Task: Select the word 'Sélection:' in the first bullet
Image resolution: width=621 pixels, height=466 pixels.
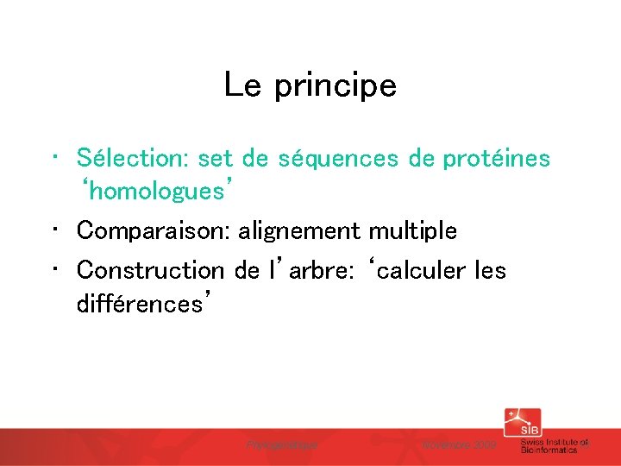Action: point(133,158)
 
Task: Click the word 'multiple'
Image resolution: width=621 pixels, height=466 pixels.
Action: point(412,231)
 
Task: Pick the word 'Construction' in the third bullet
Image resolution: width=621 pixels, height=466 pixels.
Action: point(150,270)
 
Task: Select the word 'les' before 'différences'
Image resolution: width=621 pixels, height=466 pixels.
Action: point(491,270)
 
